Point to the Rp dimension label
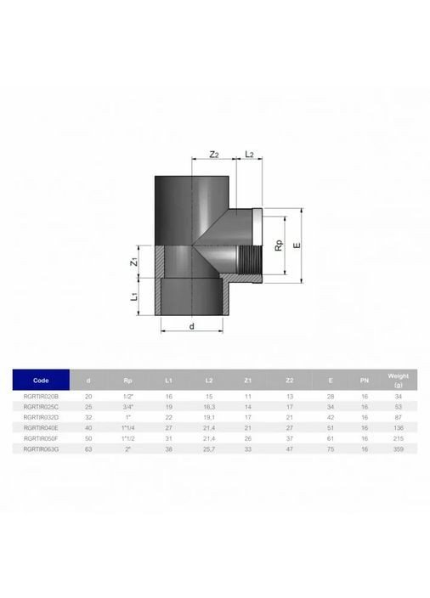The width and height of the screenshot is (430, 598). pyautogui.click(x=278, y=245)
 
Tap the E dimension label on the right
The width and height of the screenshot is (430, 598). pyautogui.click(x=297, y=245)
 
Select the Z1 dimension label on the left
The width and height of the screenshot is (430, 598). pyautogui.click(x=133, y=262)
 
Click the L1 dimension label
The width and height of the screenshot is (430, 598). pyautogui.click(x=133, y=297)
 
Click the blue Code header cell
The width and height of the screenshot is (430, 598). pyautogui.click(x=41, y=380)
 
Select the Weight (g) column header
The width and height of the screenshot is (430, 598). pyautogui.click(x=398, y=379)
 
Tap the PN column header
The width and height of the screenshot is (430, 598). pyautogui.click(x=364, y=380)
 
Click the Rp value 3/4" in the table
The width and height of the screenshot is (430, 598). pyautogui.click(x=127, y=407)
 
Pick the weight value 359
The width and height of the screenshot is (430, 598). pyautogui.click(x=398, y=448)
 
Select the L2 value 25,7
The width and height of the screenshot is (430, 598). pyautogui.click(x=209, y=448)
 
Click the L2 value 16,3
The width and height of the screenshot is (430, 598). pyautogui.click(x=209, y=407)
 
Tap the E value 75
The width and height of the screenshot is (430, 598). pyautogui.click(x=330, y=448)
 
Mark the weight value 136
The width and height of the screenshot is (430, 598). pyautogui.click(x=398, y=427)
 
